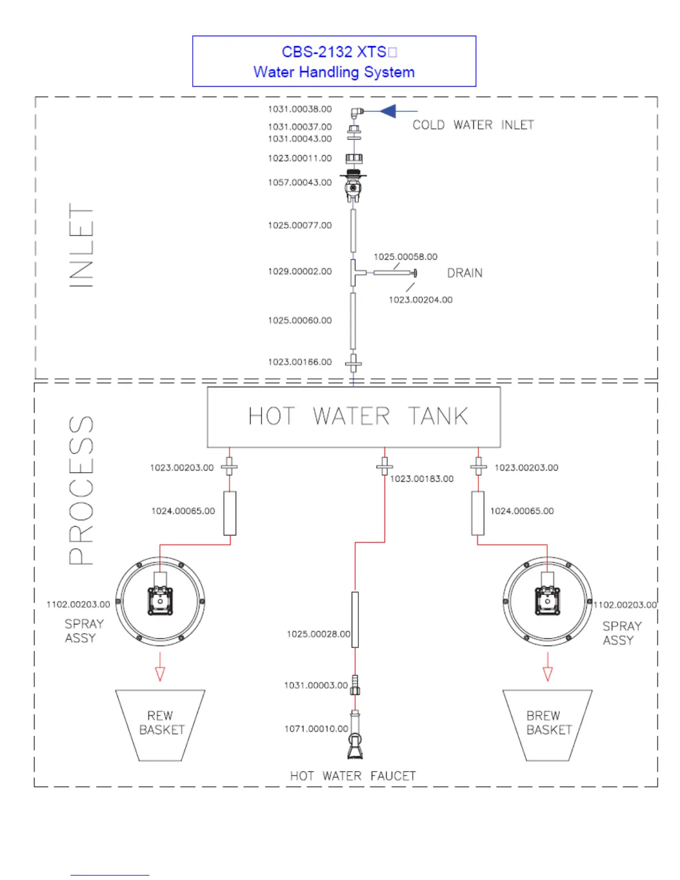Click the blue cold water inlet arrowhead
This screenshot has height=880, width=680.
388,111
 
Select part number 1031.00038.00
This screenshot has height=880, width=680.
299,109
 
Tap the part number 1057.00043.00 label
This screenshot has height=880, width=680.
299,182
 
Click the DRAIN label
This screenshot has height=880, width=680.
465,273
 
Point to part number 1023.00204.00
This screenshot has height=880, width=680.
421,300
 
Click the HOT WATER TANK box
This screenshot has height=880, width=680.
354,417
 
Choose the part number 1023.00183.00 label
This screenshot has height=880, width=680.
422,479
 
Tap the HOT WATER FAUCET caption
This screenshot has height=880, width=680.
353,776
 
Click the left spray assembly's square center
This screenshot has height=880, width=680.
160,601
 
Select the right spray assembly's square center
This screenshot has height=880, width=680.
547,601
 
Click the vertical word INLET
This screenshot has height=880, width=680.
81,245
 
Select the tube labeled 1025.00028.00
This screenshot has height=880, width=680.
355,619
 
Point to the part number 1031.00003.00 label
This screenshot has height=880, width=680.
316,686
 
